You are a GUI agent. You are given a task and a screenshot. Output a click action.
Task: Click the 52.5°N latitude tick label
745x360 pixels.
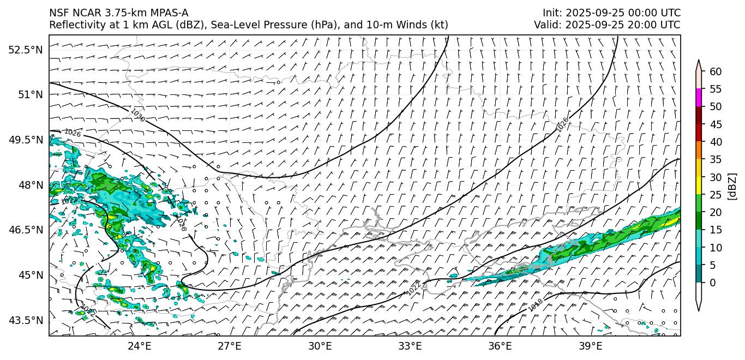[25, 50]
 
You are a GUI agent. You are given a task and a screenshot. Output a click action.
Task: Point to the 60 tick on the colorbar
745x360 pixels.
[716, 71]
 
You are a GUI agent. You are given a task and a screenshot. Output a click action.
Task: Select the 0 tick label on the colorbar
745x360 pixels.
[713, 283]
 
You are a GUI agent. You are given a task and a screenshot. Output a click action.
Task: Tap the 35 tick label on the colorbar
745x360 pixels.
[716, 159]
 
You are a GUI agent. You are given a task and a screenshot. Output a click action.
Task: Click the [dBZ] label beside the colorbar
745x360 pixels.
[732, 187]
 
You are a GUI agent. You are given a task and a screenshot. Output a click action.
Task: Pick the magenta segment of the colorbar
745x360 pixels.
[699, 98]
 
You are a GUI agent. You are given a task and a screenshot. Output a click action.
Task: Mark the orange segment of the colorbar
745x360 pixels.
[699, 151]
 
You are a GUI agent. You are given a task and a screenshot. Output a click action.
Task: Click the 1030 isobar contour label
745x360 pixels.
[137, 115]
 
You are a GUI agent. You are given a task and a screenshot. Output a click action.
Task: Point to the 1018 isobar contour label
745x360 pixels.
[536, 305]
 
